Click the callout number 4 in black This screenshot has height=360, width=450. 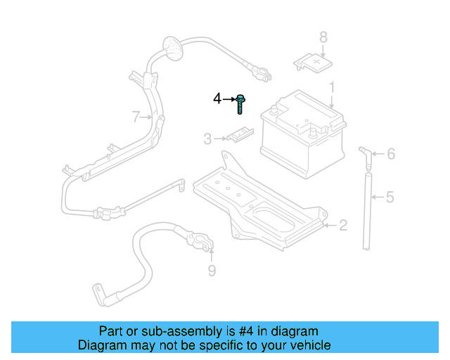(217, 99)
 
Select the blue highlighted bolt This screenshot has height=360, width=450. (240, 103)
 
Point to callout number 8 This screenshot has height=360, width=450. (323, 37)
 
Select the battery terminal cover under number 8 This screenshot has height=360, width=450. (313, 64)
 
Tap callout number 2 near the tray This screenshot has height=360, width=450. (342, 226)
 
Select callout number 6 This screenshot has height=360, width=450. (391, 154)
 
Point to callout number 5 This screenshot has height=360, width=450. (390, 198)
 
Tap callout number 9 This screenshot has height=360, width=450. (212, 271)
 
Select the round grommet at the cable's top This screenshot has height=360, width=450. (171, 47)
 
